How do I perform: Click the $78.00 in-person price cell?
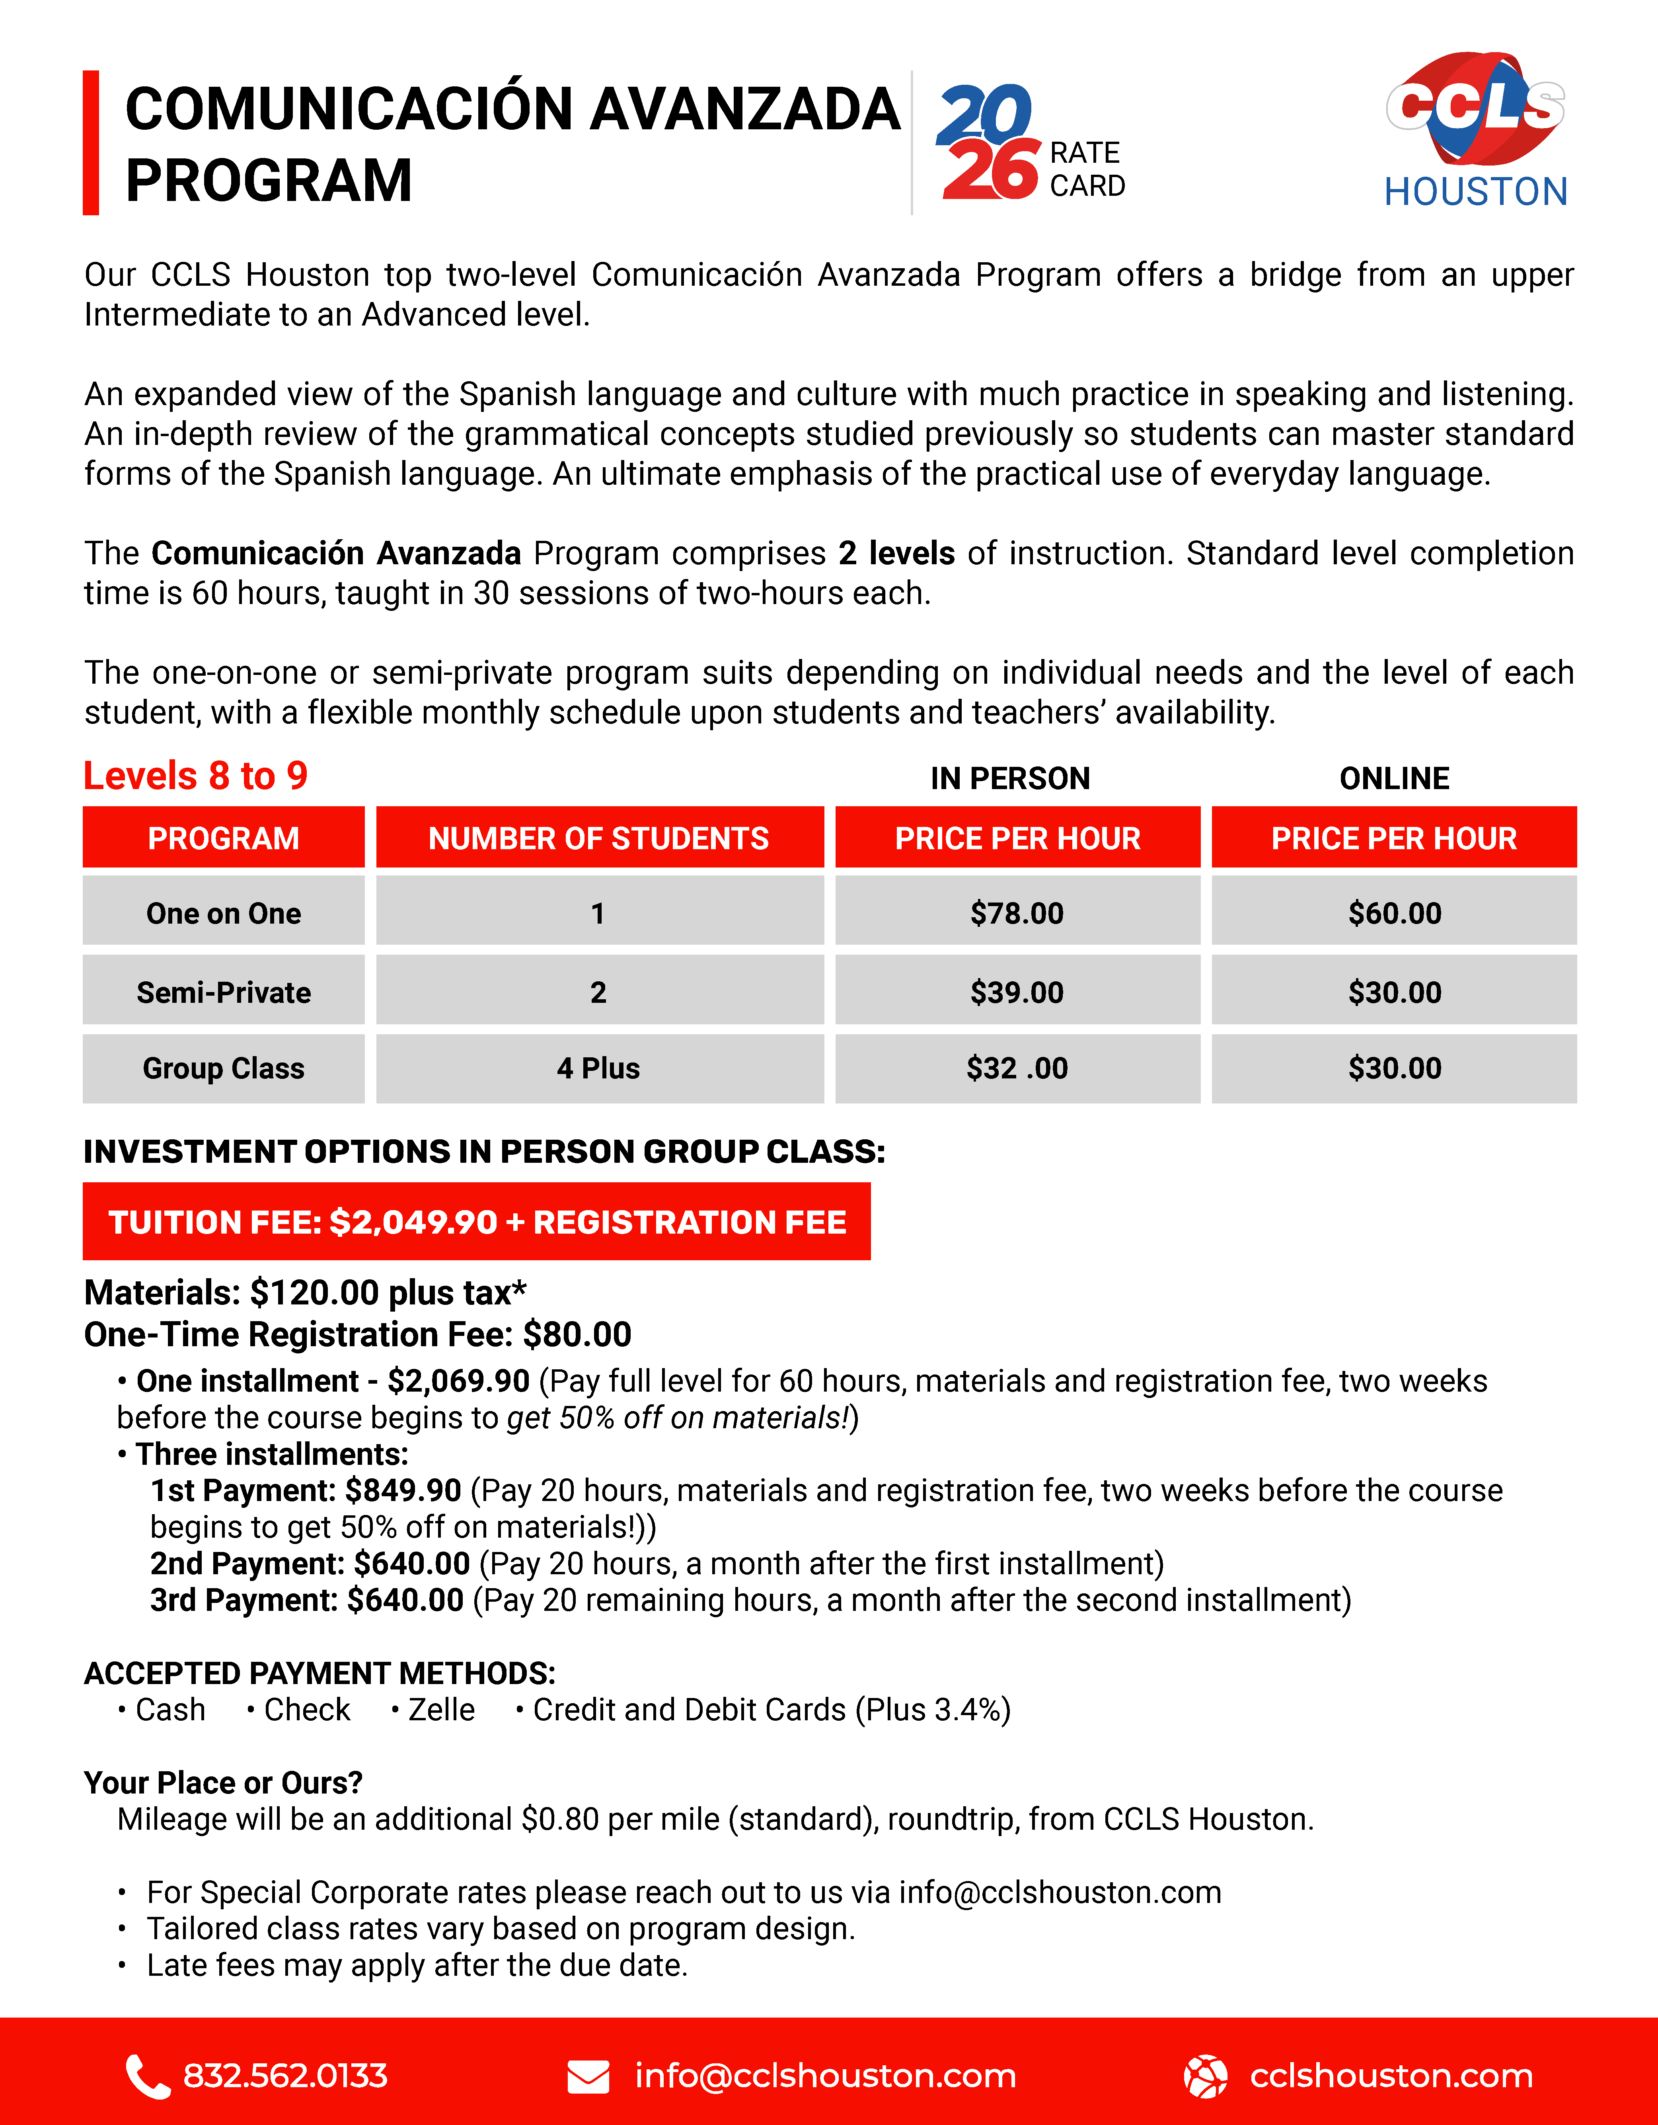pos(1017,912)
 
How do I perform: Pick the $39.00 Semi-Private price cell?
pos(1017,992)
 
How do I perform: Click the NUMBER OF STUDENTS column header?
pos(598,838)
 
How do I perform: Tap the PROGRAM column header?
pos(224,838)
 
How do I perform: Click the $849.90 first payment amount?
pos(403,1489)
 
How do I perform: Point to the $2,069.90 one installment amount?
pos(458,1381)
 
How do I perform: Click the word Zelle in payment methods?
pos(441,1710)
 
